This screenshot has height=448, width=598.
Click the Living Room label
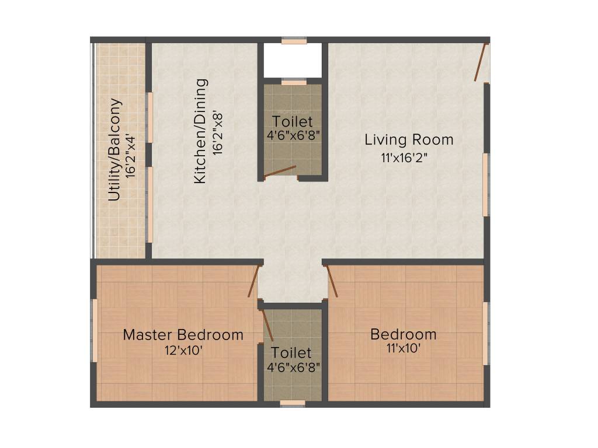tap(409, 140)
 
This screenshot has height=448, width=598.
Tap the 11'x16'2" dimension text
tap(409, 157)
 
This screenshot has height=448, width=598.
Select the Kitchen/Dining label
tap(200, 131)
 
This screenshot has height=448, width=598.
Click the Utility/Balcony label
tap(115, 150)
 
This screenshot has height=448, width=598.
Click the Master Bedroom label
tap(183, 335)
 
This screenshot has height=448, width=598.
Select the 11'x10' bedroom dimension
tap(403, 349)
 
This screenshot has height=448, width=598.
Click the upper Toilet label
tap(293, 122)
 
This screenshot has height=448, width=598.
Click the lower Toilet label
tap(291, 353)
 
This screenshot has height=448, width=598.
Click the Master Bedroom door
tap(253, 281)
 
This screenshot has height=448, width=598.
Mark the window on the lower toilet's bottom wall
tap(293, 403)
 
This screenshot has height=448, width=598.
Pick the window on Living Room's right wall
tap(485, 184)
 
